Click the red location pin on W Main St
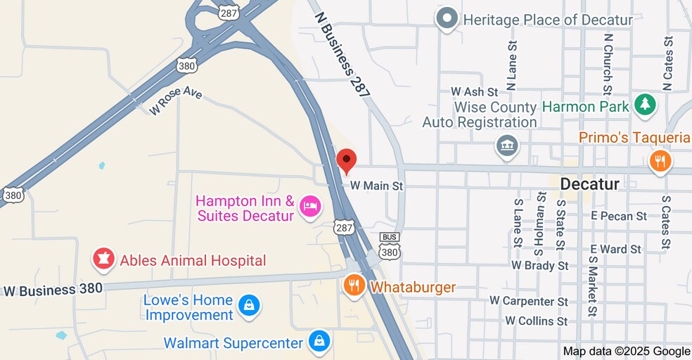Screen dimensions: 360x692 [346, 161]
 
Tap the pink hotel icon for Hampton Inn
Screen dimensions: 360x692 [309, 207]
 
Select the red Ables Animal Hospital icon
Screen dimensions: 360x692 [103, 260]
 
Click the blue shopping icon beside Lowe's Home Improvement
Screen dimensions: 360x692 [249, 306]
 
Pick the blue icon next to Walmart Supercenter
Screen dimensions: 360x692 [319, 342]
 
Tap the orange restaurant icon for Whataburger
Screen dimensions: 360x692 [354, 286]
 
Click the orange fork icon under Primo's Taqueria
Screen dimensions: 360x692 [660, 162]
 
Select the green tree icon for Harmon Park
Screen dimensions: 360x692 [644, 106]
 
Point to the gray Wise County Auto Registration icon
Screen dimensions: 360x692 [506, 147]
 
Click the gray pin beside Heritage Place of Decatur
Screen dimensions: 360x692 [447, 19]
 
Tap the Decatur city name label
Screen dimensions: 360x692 [590, 184]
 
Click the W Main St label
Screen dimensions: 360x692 [377, 186]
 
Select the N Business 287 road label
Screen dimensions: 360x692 [342, 53]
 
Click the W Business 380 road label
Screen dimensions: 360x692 [53, 289]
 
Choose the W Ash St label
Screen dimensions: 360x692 [474, 92]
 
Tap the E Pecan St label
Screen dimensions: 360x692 [619, 216]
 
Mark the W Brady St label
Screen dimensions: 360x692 [540, 266]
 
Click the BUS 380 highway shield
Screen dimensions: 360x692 [389, 245]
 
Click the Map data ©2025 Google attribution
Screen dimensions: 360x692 [627, 352]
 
